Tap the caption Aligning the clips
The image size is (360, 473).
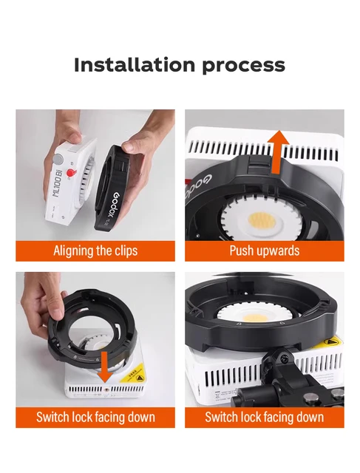coord(95,251)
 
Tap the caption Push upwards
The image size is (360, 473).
coord(264,251)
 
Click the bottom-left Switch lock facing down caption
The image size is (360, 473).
coord(95,418)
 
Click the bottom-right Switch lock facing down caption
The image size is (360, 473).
coord(264,418)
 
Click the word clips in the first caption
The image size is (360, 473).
coord(122,251)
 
